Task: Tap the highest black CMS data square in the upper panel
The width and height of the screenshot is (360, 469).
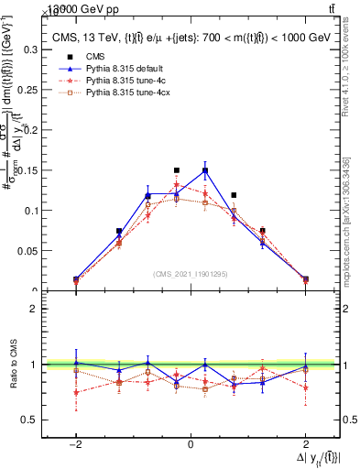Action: (177, 170)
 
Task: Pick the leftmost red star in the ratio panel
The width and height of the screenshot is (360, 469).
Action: (75, 392)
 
